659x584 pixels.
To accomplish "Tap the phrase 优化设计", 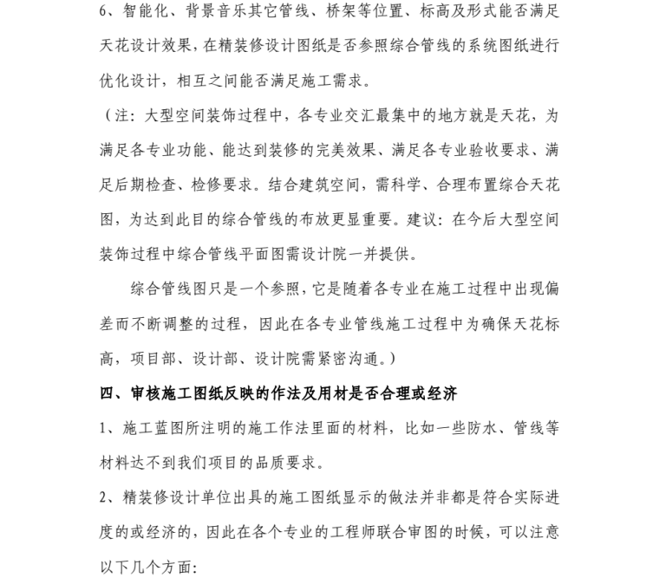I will [x=130, y=82].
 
